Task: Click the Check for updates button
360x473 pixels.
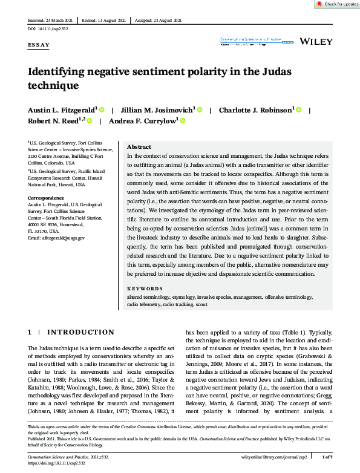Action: click(x=336, y=4)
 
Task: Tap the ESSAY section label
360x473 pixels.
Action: click(x=39, y=45)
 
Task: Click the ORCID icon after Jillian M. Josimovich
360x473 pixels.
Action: click(x=200, y=109)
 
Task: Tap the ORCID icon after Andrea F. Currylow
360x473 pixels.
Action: click(x=183, y=121)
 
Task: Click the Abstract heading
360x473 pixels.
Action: click(x=140, y=147)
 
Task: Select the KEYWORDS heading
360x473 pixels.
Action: click(x=145, y=289)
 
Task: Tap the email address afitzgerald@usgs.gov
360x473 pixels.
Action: click(x=56, y=238)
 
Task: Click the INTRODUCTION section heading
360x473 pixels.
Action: click(x=80, y=332)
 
